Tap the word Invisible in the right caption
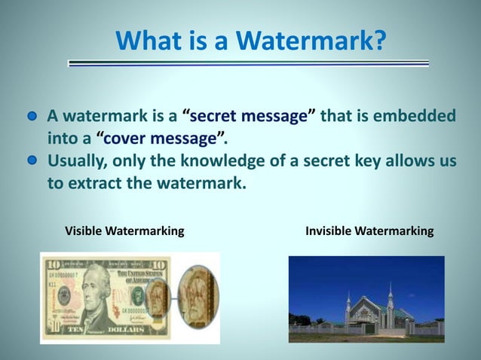click(332, 230)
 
